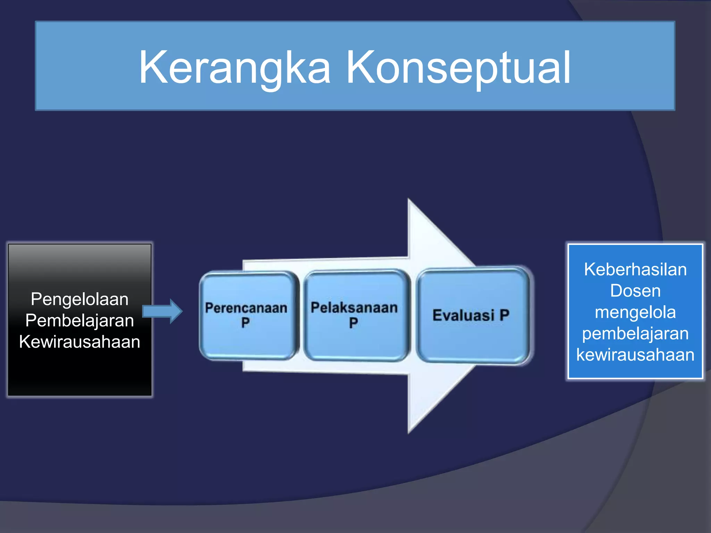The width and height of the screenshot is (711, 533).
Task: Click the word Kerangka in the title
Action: point(234,68)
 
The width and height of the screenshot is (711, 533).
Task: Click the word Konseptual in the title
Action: point(458,68)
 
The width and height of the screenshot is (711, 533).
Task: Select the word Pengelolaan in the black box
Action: point(80,299)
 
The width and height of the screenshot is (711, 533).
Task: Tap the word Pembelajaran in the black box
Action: point(80,320)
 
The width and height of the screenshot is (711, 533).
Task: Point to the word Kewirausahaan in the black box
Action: point(80,342)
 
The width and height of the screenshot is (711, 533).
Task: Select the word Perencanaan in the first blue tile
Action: point(246,308)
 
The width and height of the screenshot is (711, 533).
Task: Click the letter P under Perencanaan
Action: point(245,323)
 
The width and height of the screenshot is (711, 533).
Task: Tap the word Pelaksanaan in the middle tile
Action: point(354,308)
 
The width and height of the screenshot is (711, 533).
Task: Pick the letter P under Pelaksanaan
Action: point(353,323)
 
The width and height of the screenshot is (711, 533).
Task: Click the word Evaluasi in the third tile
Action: point(463,315)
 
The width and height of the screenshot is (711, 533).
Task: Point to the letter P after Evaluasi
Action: point(504,315)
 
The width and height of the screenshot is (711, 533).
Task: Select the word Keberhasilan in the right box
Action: point(635,270)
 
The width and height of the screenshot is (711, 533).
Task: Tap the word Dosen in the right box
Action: point(635,291)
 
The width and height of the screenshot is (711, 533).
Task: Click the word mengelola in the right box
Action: point(635,312)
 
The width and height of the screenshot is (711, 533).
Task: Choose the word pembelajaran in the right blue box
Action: point(635,333)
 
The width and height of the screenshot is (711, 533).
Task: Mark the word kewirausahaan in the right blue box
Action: point(635,355)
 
